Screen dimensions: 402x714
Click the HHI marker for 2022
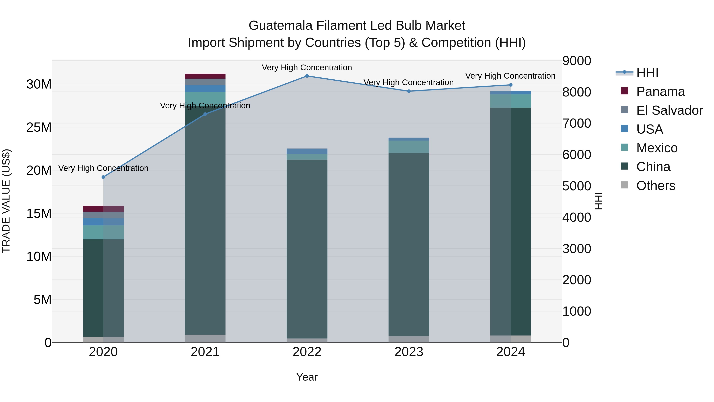(x=307, y=76)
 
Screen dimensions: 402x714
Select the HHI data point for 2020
(x=103, y=177)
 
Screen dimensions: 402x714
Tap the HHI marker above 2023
(x=409, y=91)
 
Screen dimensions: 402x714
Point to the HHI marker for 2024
(x=511, y=85)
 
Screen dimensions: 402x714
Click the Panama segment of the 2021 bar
(x=205, y=76)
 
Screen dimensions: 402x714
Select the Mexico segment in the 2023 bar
(x=409, y=147)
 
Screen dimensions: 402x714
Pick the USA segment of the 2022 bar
(x=307, y=151)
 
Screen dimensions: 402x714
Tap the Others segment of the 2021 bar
(x=205, y=338)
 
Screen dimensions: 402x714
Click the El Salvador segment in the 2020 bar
(x=103, y=215)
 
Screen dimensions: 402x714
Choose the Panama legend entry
(x=660, y=92)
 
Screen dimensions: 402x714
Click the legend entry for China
(x=653, y=167)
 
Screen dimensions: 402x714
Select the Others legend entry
(x=655, y=186)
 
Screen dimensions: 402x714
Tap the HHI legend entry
(x=647, y=73)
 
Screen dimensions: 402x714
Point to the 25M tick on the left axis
(x=39, y=127)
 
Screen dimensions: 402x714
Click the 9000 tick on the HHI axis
(x=577, y=61)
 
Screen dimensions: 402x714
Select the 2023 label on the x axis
(x=409, y=352)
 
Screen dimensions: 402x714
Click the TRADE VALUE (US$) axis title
(x=6, y=201)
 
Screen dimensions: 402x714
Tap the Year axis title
(x=307, y=377)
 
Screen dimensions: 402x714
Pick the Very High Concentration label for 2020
(x=103, y=168)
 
